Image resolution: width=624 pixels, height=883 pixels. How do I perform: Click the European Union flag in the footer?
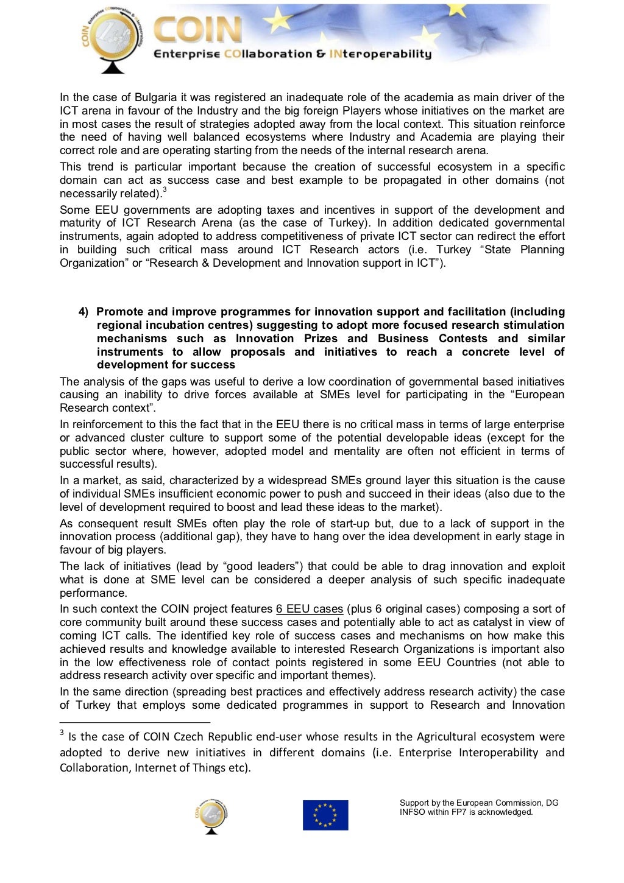coord(325,815)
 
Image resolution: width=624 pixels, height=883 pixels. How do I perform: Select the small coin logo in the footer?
coord(211,817)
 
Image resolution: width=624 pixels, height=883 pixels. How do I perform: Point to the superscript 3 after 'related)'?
coord(165,190)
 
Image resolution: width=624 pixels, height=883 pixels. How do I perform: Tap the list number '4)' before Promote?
coord(83,312)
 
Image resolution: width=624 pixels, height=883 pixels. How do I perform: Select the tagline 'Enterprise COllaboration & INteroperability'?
coord(292,54)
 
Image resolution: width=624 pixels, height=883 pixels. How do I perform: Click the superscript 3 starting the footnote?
coord(62,733)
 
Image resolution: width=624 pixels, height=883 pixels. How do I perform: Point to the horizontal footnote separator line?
coord(134,722)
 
